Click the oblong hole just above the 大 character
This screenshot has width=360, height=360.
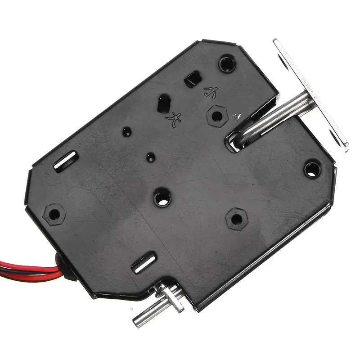click(163, 103)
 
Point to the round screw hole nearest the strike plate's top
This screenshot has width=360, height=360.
click(227, 63)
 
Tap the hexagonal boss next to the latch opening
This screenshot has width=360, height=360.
click(217, 116)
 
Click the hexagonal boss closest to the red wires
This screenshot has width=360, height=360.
click(54, 214)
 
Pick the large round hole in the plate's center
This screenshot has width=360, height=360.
click(162, 198)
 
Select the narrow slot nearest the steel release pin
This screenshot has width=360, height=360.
click(144, 264)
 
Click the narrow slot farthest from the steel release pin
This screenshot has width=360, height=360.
click(66, 161)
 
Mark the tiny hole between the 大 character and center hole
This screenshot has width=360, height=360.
click(151, 157)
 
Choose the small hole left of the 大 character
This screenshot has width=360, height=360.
click(127, 132)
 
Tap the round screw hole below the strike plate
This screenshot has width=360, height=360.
click(312, 169)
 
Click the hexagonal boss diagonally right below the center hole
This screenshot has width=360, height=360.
click(236, 219)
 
